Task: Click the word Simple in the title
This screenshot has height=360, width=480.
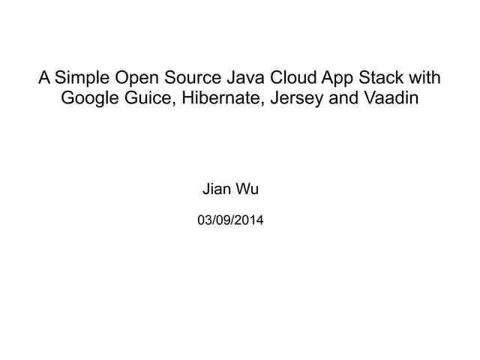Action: [82, 78]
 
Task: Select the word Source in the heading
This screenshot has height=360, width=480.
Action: [193, 77]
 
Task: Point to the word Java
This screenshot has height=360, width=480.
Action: [245, 77]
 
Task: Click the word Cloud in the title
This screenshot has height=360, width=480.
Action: [292, 77]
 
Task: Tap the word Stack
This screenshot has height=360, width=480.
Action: [381, 77]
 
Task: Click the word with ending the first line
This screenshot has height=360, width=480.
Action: [425, 77]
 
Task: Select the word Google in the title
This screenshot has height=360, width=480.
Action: [90, 99]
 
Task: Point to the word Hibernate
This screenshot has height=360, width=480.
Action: [223, 97]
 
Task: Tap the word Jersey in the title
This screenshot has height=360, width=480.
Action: [297, 99]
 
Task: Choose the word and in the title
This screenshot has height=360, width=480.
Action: [343, 97]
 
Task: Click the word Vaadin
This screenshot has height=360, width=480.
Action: [391, 97]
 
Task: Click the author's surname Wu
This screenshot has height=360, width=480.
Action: [247, 189]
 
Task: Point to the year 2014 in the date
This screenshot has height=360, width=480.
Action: [249, 220]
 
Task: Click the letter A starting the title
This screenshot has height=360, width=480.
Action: [44, 77]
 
